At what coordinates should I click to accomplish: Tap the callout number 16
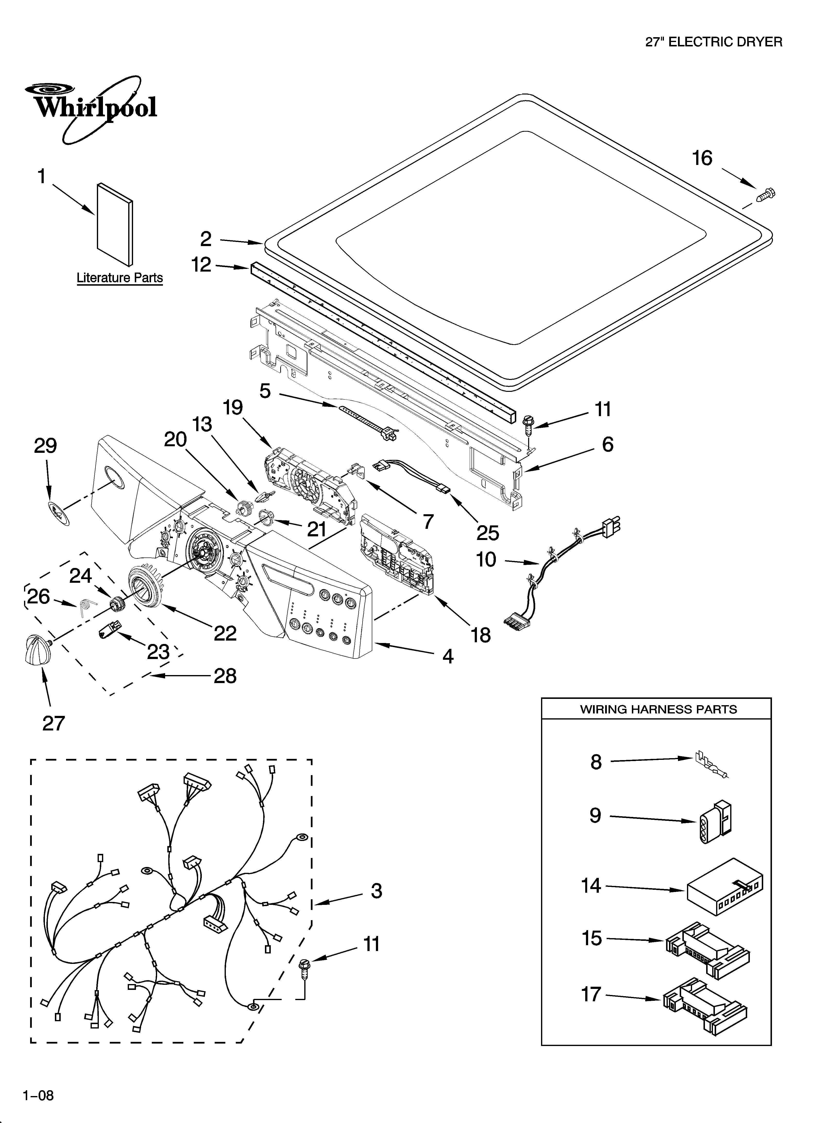click(x=702, y=158)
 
